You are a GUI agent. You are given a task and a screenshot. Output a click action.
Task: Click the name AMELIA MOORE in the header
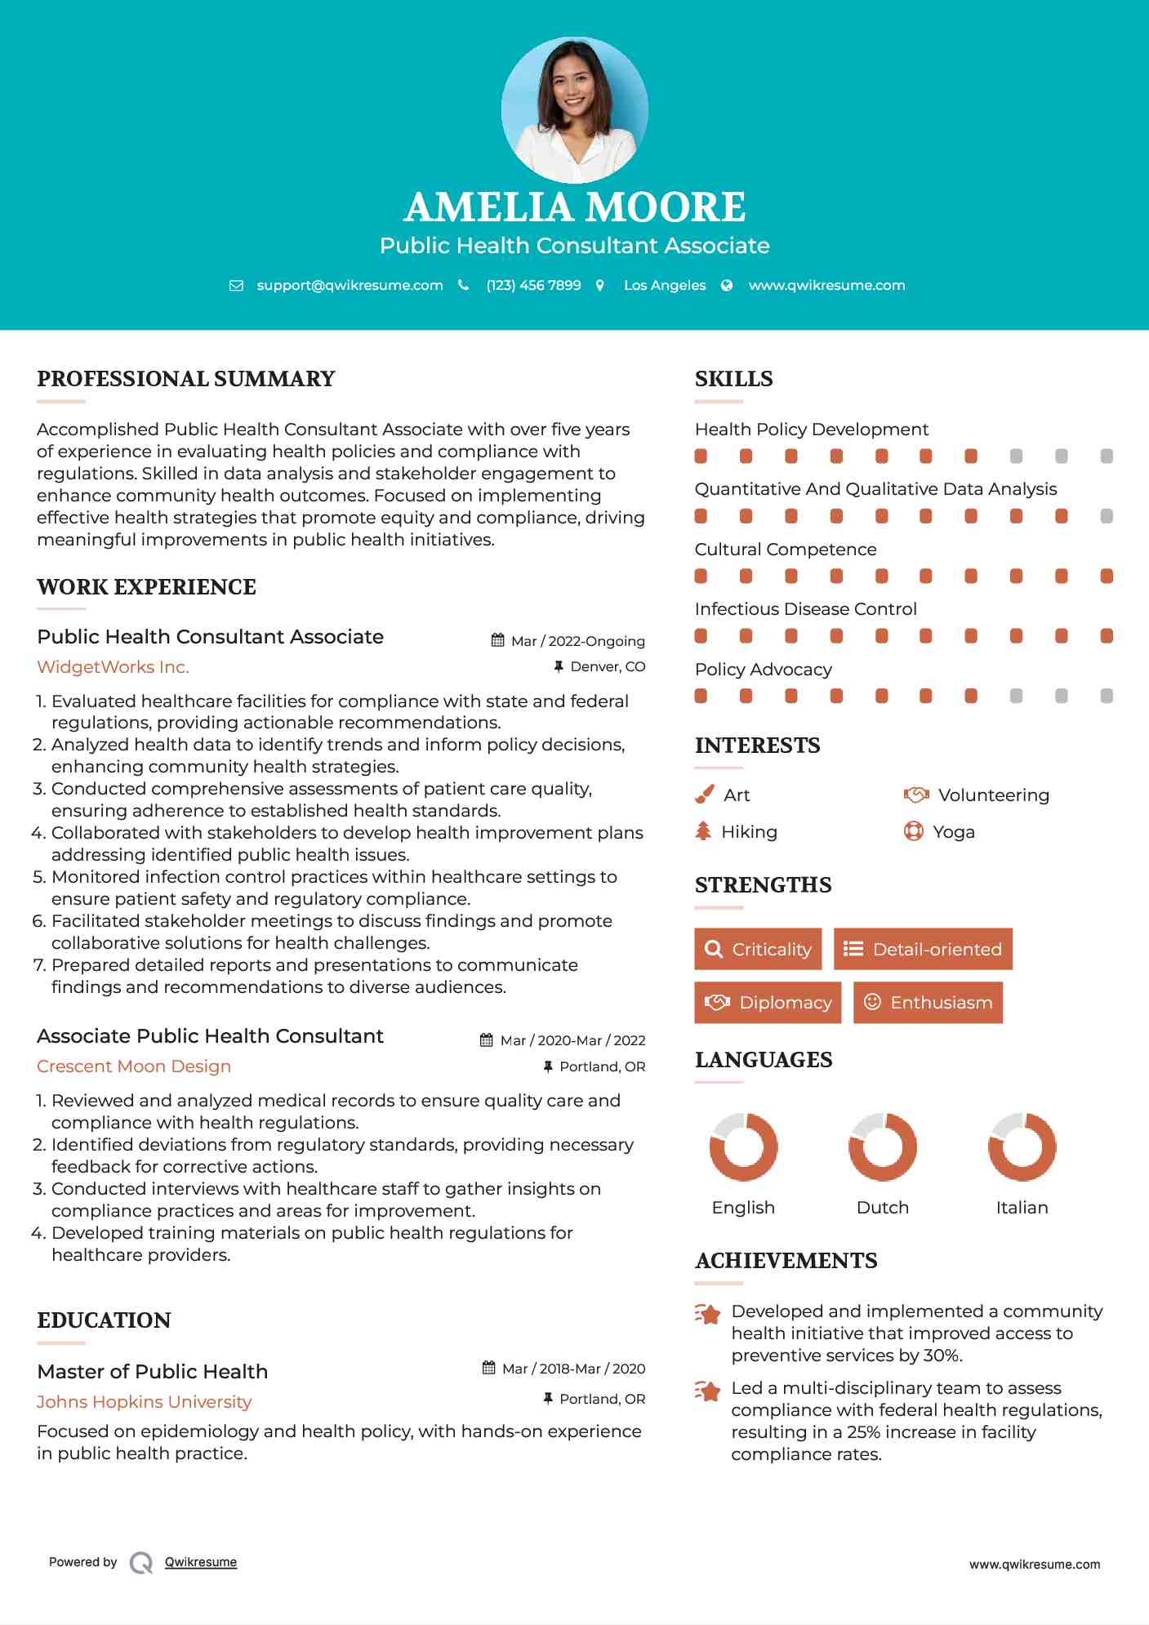coord(574,207)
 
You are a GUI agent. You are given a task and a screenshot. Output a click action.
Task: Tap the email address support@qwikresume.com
coord(350,285)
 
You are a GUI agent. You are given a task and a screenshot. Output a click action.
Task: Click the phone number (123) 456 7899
coord(533,285)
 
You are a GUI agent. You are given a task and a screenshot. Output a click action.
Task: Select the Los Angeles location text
coord(664,285)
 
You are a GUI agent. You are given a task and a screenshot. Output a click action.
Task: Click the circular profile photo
coord(574,109)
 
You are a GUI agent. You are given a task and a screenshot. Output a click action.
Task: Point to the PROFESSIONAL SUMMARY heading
coord(186,379)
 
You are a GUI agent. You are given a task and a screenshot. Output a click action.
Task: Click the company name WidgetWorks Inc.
coord(113,667)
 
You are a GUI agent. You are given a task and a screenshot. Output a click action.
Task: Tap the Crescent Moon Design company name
coord(134,1066)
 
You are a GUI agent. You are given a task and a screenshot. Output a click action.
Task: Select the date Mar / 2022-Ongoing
coord(577,641)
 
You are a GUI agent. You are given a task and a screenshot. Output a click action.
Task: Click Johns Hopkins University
coord(144,1402)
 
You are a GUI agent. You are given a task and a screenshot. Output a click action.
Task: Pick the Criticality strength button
coord(758,949)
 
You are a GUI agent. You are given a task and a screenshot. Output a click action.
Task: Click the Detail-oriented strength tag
coord(923,949)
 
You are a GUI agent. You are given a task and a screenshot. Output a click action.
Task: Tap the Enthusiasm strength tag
coord(928,1002)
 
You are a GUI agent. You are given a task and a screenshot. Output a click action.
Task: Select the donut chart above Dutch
coord(882,1146)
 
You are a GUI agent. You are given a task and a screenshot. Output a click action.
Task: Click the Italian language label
coord(1022,1208)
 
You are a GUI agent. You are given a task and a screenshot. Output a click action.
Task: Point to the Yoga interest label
coord(953,832)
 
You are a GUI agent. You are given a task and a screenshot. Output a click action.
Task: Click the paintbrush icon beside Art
coord(704,795)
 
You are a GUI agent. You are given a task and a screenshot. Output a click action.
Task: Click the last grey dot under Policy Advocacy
coord(1107,696)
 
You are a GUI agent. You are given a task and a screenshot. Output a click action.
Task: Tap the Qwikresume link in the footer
coord(201,1562)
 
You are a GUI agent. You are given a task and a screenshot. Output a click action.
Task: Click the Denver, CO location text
coord(608,666)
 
